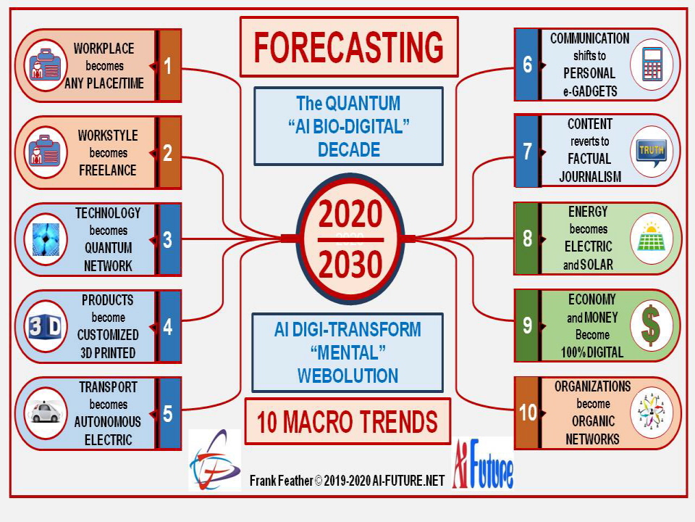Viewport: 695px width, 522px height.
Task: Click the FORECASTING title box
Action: tap(349, 47)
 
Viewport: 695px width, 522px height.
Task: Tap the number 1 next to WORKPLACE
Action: tap(167, 66)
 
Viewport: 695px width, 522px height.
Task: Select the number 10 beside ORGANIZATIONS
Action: tap(528, 413)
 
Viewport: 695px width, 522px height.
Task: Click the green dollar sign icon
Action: tap(650, 326)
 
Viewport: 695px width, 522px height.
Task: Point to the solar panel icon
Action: tap(651, 239)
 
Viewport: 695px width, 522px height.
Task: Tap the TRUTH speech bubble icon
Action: tap(651, 152)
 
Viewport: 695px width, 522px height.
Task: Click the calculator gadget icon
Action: tap(652, 65)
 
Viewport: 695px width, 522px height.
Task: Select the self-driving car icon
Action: tap(46, 412)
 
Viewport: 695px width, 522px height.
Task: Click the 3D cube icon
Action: tap(45, 327)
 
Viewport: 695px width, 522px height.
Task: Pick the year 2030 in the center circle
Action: tap(350, 265)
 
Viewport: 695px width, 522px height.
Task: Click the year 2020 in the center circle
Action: tap(350, 214)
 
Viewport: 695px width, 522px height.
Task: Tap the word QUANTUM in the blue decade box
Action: tap(362, 104)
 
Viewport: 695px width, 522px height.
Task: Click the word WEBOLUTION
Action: tap(348, 376)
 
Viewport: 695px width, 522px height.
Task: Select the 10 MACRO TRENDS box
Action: tap(347, 421)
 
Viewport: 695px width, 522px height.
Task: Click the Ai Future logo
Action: tap(483, 464)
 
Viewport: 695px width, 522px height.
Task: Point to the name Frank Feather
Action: tap(282, 481)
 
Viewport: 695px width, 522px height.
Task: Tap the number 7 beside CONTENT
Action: tap(527, 152)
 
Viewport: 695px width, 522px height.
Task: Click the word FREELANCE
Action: tap(108, 170)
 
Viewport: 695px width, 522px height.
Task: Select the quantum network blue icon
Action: tap(45, 240)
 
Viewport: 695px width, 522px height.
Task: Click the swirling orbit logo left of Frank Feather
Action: tap(215, 460)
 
